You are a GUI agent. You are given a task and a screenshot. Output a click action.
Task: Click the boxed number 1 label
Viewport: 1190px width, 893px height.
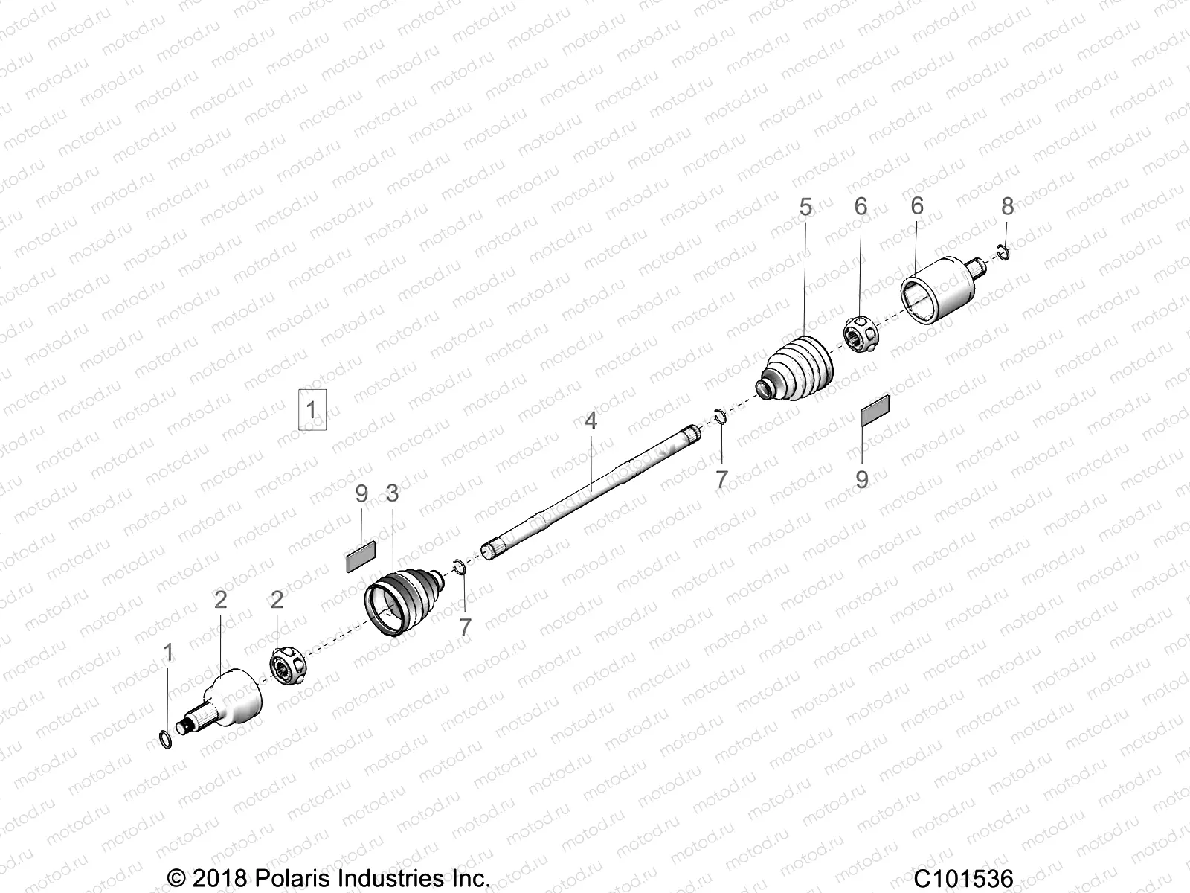[312, 409]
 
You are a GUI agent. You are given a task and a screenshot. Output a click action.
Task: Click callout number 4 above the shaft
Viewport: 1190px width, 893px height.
[591, 421]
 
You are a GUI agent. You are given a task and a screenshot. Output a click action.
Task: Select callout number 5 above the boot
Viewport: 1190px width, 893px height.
[805, 208]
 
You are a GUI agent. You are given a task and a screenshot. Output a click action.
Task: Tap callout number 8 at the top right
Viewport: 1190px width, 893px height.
[1007, 207]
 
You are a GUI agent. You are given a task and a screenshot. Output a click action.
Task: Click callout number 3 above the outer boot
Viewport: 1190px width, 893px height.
[392, 493]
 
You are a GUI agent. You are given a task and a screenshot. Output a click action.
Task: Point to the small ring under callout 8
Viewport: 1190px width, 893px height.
[1003, 255]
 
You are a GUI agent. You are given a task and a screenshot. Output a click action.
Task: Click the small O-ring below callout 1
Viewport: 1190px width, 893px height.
[167, 740]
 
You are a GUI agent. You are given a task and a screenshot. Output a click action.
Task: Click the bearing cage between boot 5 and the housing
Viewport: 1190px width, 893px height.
[862, 335]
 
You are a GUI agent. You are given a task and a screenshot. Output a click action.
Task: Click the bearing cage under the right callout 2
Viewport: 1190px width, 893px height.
[287, 667]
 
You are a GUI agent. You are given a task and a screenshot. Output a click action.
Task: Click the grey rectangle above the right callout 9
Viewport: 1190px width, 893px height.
[875, 410]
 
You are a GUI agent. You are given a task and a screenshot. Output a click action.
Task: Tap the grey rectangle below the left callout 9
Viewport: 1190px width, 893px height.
[361, 555]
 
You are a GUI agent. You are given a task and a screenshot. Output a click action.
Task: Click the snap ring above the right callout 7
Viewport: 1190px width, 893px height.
[720, 416]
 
